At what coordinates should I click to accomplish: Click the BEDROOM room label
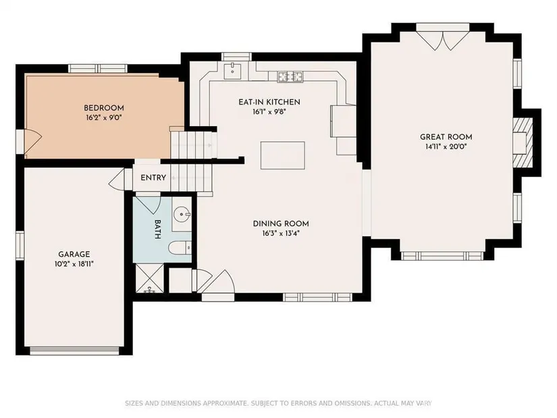coord(104,108)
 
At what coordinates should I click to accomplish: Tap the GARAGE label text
coord(74,255)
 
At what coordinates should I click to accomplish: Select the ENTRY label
coord(153,178)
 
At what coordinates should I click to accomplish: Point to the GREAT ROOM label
coord(446,137)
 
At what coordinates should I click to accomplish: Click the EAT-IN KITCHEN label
coord(269,102)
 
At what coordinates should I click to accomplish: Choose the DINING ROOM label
coord(281,224)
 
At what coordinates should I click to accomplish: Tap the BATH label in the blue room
coord(158,230)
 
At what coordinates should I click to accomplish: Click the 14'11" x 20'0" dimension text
coord(446,147)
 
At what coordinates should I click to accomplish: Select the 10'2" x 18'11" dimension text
coord(74,264)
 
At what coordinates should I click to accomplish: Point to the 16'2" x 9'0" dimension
coord(104,117)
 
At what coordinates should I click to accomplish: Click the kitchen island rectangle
coord(283,155)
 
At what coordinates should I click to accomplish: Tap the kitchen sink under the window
coord(233,71)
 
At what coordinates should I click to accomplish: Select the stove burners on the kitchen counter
coord(290,76)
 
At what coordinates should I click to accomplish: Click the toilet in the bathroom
coord(180,248)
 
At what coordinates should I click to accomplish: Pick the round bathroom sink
coord(182,214)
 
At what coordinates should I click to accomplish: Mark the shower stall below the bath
coord(150,278)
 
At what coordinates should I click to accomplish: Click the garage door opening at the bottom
coord(74,350)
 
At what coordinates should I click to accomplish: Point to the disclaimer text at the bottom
coord(278,403)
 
